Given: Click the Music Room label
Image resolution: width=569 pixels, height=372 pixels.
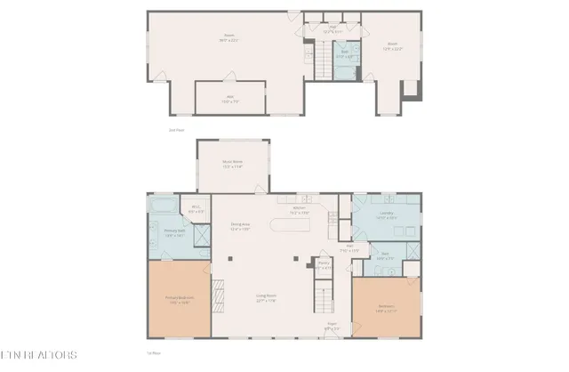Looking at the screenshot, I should click(232, 165).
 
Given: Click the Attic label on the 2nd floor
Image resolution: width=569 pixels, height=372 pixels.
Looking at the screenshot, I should click(229, 99).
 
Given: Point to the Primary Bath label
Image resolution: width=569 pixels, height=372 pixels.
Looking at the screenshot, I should click(174, 233).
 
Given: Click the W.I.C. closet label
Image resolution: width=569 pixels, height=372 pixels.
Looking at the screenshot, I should click(196, 210).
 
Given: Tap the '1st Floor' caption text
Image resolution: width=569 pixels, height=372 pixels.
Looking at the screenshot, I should click(152, 353).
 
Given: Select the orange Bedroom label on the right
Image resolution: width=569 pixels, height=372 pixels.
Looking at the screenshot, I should click(386, 309).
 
